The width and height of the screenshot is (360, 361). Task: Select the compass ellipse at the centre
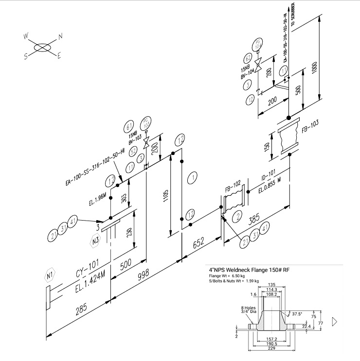click(x=43, y=47)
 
